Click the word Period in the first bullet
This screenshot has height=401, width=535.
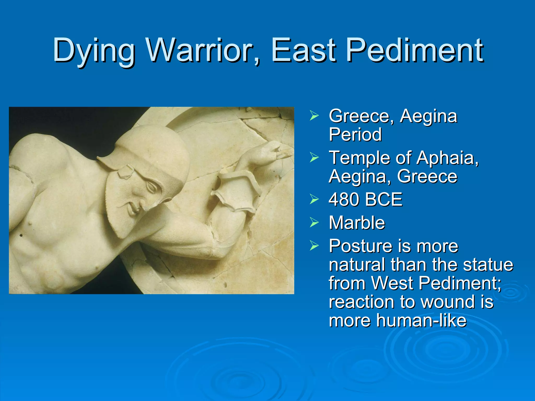(x=355, y=134)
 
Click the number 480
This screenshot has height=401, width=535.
(x=345, y=199)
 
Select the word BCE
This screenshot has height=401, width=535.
(x=384, y=199)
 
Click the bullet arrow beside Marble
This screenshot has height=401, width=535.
(x=314, y=222)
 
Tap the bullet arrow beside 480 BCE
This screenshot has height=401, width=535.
(x=314, y=199)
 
